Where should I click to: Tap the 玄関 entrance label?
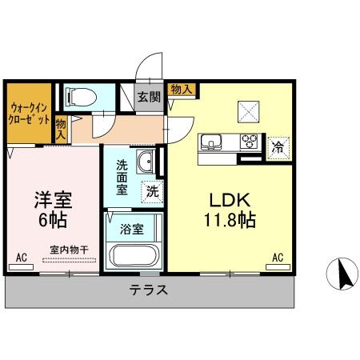pos(148,98)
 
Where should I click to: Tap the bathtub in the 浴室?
pos(134,256)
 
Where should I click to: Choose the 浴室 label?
pos(132,229)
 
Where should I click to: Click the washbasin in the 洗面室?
pos(146,163)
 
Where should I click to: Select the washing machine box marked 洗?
pos(152,191)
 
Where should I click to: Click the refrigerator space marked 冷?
pos(278,146)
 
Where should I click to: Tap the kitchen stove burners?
pos(250,143)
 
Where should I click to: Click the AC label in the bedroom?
pos(21,258)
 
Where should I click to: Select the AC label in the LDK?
pos(278,258)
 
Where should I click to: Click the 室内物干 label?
pos(68,249)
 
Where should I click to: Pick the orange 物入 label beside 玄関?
pos(181,89)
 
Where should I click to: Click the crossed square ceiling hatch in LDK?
pos(246,111)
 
